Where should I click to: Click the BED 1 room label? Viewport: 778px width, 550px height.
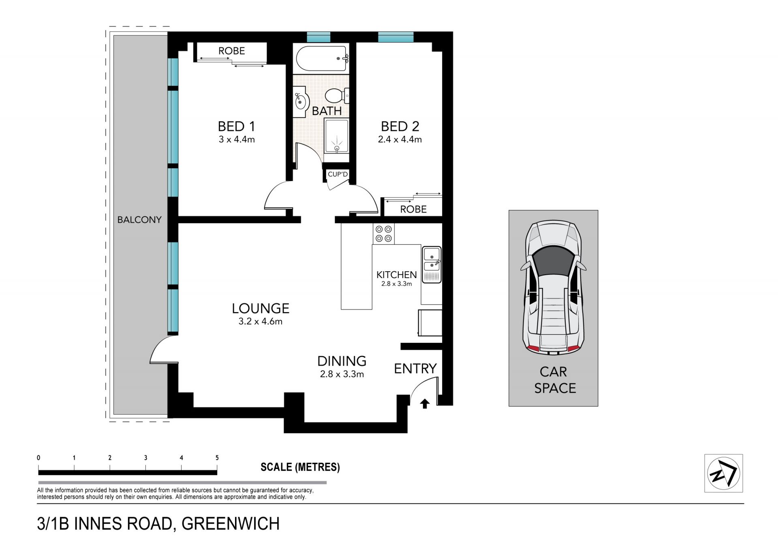coord(236,126)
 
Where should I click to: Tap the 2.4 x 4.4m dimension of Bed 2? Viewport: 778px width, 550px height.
coord(400,139)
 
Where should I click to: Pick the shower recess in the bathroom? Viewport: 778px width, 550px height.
coord(336,136)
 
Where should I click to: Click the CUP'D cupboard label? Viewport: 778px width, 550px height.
coord(338,174)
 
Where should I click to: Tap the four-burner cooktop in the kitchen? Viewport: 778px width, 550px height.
coord(383,233)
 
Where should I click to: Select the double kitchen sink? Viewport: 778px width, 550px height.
coord(432,264)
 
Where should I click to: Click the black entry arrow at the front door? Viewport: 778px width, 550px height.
coord(425,404)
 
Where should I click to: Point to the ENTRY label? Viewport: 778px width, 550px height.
coord(415,368)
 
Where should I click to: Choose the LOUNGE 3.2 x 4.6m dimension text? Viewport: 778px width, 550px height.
coord(261,321)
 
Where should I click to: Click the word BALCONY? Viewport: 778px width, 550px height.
coord(139,220)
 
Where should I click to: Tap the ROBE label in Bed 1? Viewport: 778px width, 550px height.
coord(232,51)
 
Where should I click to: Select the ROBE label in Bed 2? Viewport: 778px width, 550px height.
coord(413,209)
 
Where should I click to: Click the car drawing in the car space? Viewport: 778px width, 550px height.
coord(553,288)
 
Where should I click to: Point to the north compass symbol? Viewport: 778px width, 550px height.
coord(723,473)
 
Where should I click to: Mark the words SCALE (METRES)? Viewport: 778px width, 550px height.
coord(300,467)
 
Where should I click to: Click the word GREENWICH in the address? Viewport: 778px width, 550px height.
coord(231,524)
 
